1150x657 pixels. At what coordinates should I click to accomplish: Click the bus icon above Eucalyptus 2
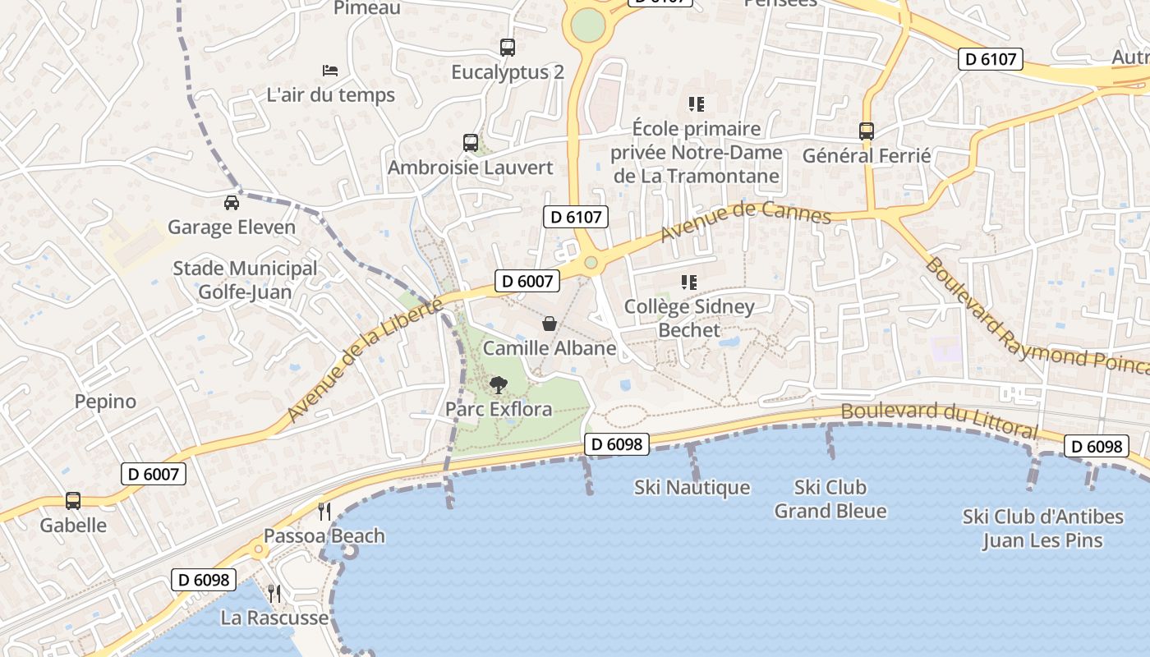(508, 48)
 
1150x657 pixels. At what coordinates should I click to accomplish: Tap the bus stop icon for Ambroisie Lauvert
(470, 143)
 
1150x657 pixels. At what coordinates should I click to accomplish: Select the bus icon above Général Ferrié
(866, 131)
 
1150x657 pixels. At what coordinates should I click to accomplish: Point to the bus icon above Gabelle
(73, 500)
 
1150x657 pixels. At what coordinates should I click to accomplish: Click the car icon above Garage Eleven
(232, 202)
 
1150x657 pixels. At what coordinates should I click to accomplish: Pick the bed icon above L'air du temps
(330, 70)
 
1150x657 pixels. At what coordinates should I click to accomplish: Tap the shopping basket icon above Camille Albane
(550, 324)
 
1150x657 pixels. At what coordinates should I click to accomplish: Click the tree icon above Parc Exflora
(498, 384)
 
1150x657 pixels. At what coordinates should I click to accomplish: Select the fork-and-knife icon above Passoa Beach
(324, 512)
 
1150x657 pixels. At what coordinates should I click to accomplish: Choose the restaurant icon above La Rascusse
(274, 593)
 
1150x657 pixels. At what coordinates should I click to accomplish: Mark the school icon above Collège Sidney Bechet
(689, 283)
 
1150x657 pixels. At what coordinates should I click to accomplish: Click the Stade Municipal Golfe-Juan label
(245, 280)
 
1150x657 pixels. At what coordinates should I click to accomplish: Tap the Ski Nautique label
(692, 487)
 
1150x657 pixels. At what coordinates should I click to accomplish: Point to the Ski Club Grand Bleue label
(830, 499)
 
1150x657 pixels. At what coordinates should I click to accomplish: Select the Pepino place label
(105, 402)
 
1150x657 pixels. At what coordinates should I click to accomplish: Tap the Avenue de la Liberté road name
(364, 361)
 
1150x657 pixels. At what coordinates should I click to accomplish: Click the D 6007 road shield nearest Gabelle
(154, 474)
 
